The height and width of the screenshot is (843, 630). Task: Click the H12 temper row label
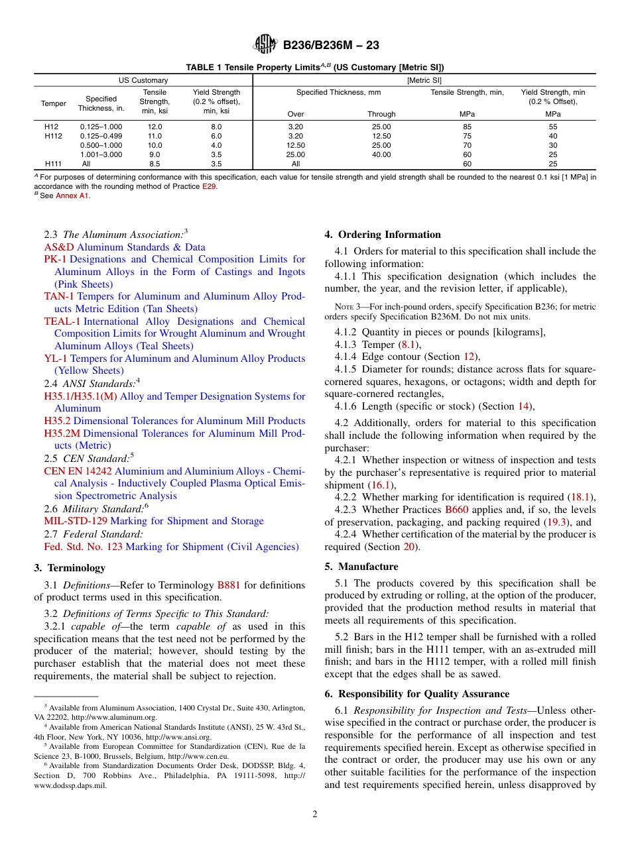coord(52,127)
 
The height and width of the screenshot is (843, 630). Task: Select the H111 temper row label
coord(54,164)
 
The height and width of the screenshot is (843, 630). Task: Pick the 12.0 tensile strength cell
coord(155,127)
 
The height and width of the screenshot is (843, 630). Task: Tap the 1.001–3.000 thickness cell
coord(101,154)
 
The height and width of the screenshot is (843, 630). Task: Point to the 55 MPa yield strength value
coord(553,127)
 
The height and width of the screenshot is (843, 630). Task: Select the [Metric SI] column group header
coord(424,80)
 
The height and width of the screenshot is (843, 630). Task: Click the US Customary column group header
coord(143,80)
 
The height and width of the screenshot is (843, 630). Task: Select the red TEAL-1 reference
coord(62,321)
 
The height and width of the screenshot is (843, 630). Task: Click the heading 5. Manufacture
coord(361,567)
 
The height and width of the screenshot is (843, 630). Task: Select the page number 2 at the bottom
coord(315,815)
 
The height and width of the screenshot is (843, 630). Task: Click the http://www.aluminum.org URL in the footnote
coord(119,717)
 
